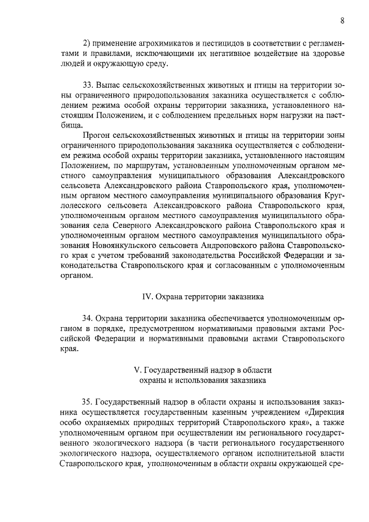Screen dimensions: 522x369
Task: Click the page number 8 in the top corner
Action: [x=342, y=21]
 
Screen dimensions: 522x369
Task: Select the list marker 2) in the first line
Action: [x=88, y=44]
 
